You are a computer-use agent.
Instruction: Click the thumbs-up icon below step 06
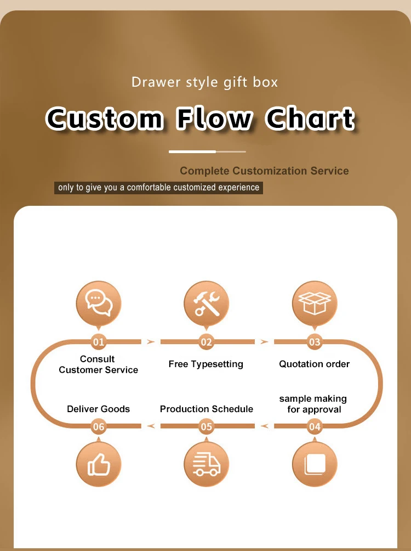[x=99, y=464]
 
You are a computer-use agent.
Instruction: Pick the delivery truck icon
[x=206, y=464]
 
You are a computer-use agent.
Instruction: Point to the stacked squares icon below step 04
[x=315, y=464]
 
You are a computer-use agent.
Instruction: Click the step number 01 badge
[x=99, y=342]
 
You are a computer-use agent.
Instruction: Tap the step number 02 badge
[x=206, y=342]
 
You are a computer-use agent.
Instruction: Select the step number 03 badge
[x=315, y=342]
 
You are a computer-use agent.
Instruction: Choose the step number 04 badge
[x=315, y=426]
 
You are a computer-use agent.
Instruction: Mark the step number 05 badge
[x=206, y=426]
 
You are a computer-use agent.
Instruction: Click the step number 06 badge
[x=99, y=426]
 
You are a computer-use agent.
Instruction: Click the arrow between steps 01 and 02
[x=151, y=342]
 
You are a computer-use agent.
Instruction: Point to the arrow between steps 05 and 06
[x=151, y=426]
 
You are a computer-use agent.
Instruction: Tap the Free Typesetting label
[x=206, y=364]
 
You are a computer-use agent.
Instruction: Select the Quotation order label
[x=314, y=364]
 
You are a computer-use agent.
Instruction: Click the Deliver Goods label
[x=99, y=409]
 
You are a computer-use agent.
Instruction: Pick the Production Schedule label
[x=207, y=409]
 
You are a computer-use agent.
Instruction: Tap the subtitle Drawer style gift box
[x=205, y=82]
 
